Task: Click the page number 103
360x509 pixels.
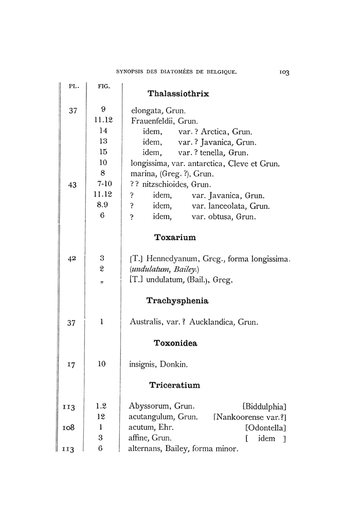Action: [282, 72]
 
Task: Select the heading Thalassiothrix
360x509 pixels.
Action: [178, 94]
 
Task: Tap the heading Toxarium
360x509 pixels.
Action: [175, 238]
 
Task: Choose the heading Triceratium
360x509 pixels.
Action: [175, 385]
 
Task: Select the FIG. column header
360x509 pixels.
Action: [104, 86]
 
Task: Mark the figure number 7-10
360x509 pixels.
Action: [102, 185]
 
